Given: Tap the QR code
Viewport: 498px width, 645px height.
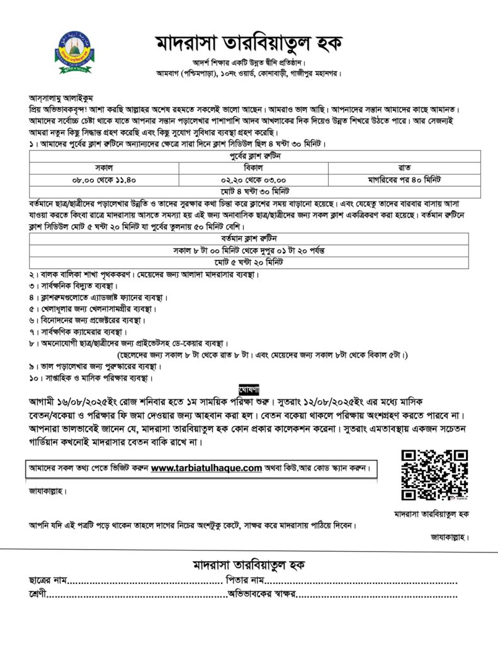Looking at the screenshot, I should pyautogui.click(x=435, y=475).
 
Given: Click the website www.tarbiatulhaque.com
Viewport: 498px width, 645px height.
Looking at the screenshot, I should pyautogui.click(x=206, y=468).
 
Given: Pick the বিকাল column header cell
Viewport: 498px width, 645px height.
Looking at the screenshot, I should pyautogui.click(x=253, y=168).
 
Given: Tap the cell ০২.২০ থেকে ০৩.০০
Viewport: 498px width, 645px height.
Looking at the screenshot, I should pyautogui.click(x=253, y=180).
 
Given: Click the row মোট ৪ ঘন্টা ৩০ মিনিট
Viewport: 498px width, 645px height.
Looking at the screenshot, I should pyautogui.click(x=254, y=191).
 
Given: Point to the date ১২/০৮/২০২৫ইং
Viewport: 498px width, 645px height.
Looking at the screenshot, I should pyautogui.click(x=359, y=401).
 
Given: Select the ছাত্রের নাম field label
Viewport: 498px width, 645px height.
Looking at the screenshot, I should pyautogui.click(x=48, y=579).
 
